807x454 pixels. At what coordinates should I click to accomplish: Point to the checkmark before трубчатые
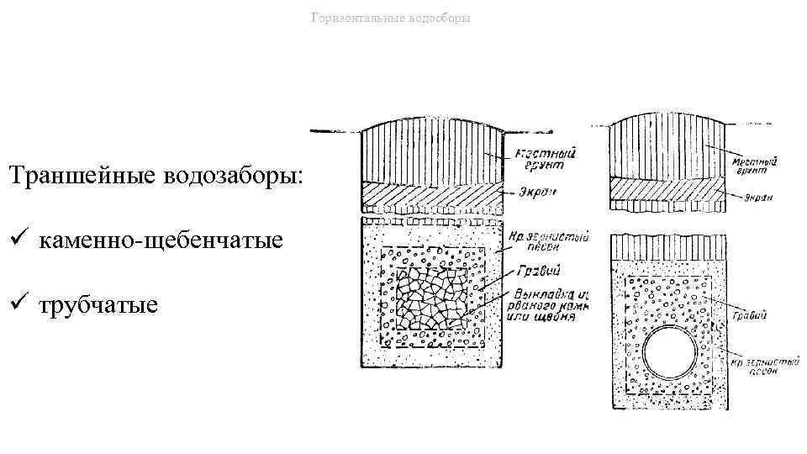(16, 304)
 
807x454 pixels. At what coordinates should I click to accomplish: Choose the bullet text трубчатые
(98, 304)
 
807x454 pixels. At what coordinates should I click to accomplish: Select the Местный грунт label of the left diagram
(530, 159)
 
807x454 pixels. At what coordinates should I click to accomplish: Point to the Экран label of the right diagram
(756, 198)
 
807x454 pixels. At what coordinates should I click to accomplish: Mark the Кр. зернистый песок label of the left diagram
(547, 242)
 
